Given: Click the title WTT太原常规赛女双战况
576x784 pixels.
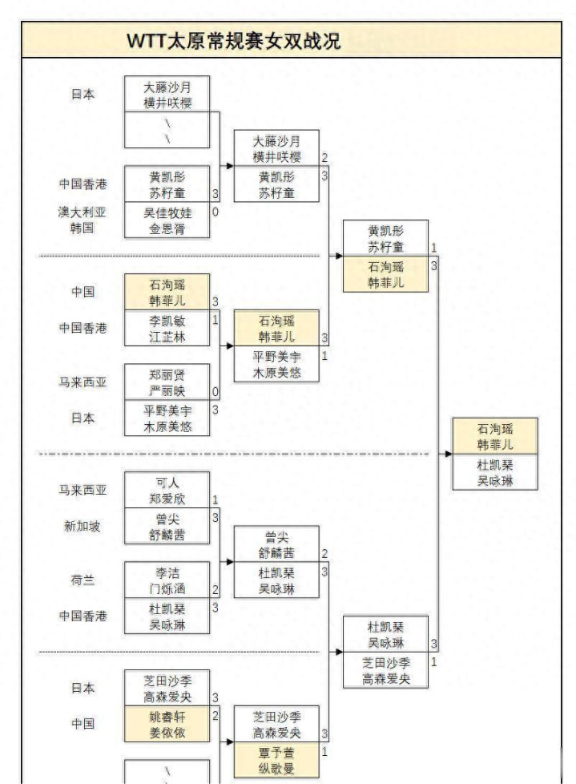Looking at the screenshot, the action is click(x=234, y=41).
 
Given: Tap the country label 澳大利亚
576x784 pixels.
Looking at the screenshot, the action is click(x=82, y=212).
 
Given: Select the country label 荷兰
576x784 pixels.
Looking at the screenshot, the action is click(x=83, y=580).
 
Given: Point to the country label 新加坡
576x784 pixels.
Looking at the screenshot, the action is click(x=83, y=526).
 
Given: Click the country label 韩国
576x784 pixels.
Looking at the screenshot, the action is click(x=82, y=228).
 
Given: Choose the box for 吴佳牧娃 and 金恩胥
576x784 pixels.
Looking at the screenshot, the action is click(x=167, y=220).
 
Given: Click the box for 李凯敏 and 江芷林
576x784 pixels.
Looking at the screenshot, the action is click(x=167, y=329).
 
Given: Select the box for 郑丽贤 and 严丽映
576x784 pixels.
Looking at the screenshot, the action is click(x=167, y=382).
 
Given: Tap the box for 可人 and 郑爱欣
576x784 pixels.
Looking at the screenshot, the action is click(x=167, y=490).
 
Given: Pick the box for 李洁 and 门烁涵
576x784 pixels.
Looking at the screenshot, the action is click(x=167, y=580).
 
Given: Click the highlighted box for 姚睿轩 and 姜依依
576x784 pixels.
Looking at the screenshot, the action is click(x=167, y=724).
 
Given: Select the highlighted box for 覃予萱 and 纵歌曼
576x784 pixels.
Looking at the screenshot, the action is click(x=276, y=760).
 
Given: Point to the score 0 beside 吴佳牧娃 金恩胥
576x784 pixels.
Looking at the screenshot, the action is click(x=215, y=212).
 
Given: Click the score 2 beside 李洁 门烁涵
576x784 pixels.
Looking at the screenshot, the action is click(x=215, y=590).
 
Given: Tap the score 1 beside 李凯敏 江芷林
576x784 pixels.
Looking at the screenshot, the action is click(x=215, y=320).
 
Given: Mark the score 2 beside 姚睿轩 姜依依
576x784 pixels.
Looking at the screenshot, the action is click(x=215, y=716).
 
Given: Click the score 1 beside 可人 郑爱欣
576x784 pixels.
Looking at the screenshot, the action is click(x=215, y=500).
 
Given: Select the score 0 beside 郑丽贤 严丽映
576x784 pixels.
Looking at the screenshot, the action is click(x=215, y=392).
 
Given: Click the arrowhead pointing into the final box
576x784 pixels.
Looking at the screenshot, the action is click(x=449, y=454).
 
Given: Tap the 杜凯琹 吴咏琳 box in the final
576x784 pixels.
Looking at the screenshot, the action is click(x=495, y=472).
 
